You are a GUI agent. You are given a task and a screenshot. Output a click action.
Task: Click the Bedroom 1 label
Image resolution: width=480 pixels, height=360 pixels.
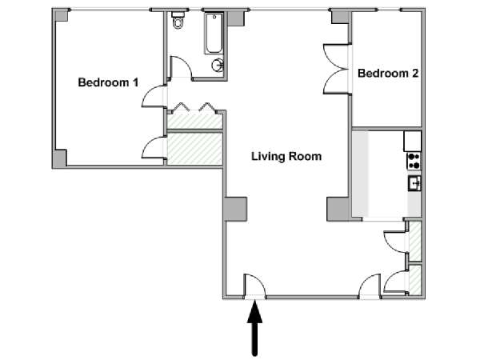click(x=108, y=82)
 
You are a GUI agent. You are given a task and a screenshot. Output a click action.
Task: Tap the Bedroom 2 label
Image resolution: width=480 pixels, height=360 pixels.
click(x=388, y=73)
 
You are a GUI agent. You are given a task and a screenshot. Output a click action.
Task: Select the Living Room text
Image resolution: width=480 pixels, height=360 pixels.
click(x=286, y=157)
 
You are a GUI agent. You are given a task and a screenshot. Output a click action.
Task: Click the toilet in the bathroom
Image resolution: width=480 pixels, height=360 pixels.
click(x=178, y=20)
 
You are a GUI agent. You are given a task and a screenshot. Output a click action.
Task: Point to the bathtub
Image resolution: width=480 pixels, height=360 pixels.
click(x=214, y=34)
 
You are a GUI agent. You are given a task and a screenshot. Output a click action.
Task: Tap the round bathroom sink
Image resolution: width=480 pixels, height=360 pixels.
click(x=218, y=66)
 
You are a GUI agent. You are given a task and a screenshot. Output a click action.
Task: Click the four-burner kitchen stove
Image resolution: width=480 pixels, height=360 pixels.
click(x=414, y=161)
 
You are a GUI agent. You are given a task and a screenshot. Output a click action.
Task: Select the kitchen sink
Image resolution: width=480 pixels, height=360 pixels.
click(x=414, y=183)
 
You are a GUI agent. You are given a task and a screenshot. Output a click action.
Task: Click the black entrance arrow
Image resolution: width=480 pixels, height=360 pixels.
click(x=254, y=329)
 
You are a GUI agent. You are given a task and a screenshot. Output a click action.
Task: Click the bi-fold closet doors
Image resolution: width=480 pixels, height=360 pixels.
click(x=194, y=106)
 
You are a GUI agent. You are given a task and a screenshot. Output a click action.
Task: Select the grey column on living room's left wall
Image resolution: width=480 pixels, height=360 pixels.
click(x=235, y=209)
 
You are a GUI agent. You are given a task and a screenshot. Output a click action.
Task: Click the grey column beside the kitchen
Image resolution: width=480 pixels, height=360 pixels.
click(x=338, y=209)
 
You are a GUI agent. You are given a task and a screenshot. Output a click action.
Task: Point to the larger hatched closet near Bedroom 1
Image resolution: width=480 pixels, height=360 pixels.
click(x=194, y=149)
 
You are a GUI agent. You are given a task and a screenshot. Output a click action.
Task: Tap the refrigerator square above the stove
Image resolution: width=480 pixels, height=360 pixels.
click(x=413, y=141)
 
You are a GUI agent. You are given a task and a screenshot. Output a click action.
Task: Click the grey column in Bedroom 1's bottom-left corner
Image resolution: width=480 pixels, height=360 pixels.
click(x=60, y=158)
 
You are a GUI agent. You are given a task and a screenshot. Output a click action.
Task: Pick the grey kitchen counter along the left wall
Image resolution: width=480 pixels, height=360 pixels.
click(x=360, y=174)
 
